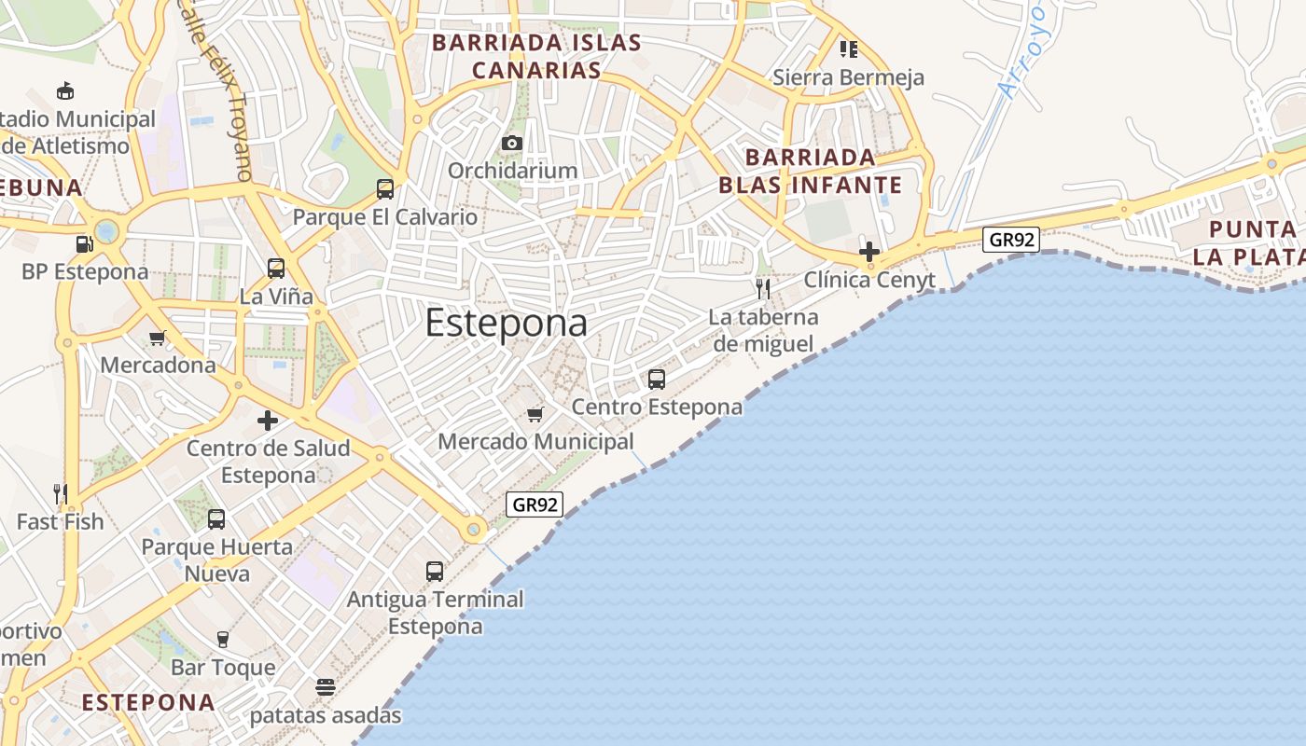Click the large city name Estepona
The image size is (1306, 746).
[507, 324]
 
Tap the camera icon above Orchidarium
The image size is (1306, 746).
[512, 143]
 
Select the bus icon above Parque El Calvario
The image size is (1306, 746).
[385, 189]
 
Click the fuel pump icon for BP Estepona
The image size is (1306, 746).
[85, 244]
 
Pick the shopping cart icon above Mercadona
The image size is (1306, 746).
[158, 338]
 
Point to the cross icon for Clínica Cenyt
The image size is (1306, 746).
[869, 251]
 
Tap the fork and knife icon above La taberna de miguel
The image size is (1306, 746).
[763, 288]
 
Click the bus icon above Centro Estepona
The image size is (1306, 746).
[657, 380]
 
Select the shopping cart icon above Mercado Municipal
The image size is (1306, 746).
[535, 414]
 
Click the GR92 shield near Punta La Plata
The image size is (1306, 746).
[1011, 240]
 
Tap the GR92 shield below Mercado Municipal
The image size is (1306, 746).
[535, 504]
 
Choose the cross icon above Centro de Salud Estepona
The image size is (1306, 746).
[268, 421]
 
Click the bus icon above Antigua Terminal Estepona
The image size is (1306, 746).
[435, 572]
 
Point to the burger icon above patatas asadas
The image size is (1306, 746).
[326, 688]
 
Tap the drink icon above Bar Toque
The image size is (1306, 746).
[223, 640]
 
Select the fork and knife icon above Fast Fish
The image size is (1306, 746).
[61, 493]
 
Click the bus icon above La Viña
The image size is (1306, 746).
[276, 269]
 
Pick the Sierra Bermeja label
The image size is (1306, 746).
[848, 77]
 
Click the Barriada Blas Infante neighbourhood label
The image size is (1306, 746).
[810, 171]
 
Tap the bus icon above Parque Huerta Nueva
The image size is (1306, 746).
[216, 519]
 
